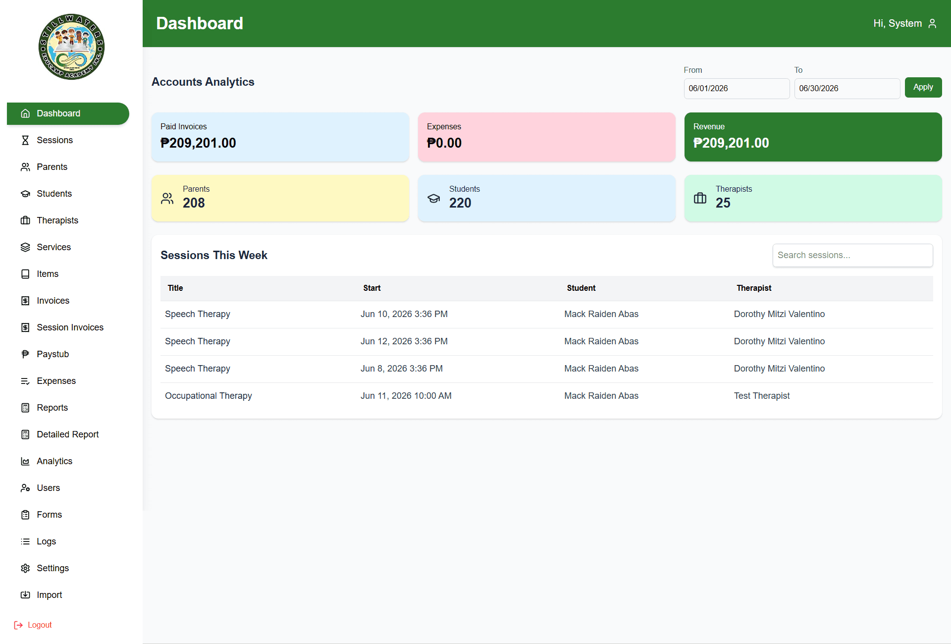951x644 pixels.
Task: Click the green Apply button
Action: [x=923, y=87]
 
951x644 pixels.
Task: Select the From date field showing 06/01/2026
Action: [x=737, y=89]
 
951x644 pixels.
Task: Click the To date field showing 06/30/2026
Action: [x=847, y=89]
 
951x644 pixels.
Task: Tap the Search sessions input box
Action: [x=852, y=255]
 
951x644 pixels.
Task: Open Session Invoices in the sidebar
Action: [x=70, y=327]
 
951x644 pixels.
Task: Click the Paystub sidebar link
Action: [x=53, y=354]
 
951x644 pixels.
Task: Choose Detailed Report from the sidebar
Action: [x=67, y=434]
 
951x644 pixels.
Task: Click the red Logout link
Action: [x=33, y=625]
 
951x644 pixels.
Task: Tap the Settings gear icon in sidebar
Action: [x=25, y=568]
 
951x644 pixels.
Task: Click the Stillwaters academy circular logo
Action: [x=71, y=47]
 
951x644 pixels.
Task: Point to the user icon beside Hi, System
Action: [x=932, y=23]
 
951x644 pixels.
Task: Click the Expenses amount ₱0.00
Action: [x=444, y=143]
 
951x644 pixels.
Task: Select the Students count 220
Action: [x=460, y=203]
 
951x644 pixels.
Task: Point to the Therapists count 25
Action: [x=723, y=203]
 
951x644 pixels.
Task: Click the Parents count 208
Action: [x=194, y=203]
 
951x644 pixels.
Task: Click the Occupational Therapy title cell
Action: [x=209, y=396]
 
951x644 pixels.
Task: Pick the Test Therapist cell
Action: [x=762, y=396]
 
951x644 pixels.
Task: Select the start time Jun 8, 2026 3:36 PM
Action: [x=402, y=369]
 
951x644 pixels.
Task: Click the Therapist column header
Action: [x=754, y=288]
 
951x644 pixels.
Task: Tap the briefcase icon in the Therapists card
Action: [x=700, y=198]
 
